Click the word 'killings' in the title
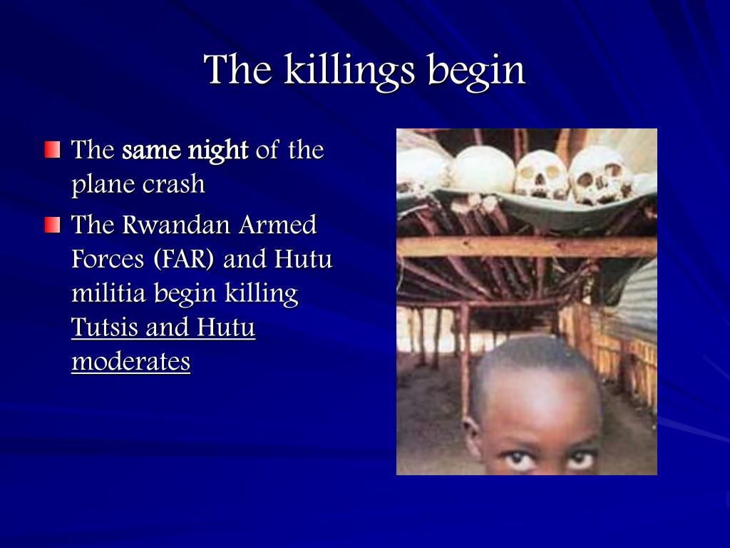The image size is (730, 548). click(349, 71)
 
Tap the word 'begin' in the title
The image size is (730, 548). click(476, 71)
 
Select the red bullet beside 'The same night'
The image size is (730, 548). click(53, 150)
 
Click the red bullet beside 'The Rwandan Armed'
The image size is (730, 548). click(53, 224)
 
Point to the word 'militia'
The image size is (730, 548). click(109, 293)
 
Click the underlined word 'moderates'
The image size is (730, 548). click(131, 362)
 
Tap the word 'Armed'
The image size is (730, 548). click(278, 225)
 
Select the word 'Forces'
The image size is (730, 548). click(108, 259)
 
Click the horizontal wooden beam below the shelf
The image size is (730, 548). click(527, 247)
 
